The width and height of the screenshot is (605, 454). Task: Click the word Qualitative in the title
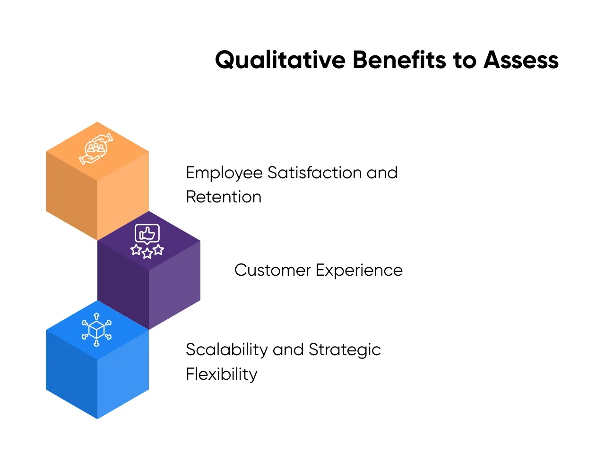[280, 60]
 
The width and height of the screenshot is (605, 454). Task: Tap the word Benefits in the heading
[399, 60]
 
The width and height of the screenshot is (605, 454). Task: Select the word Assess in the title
[520, 60]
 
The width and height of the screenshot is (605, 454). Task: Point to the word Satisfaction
[314, 173]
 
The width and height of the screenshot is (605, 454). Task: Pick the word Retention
[224, 197]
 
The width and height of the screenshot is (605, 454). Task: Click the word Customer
[272, 270]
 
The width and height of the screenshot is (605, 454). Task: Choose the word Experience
[359, 271]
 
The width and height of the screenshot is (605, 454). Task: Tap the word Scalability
[226, 350]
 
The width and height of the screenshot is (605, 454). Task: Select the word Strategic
[344, 350]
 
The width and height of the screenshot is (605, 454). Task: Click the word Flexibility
[222, 375]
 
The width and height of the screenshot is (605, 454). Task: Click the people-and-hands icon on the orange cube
[95, 149]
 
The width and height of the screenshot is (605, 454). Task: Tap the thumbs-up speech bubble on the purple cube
[147, 234]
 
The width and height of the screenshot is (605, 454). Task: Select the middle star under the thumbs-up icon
[147, 253]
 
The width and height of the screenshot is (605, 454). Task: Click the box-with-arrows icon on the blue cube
[96, 330]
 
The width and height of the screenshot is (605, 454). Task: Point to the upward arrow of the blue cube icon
[96, 316]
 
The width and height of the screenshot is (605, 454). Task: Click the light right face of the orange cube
[123, 196]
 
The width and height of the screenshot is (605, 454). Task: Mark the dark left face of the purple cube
[123, 285]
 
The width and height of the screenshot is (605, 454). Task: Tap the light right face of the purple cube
[174, 285]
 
